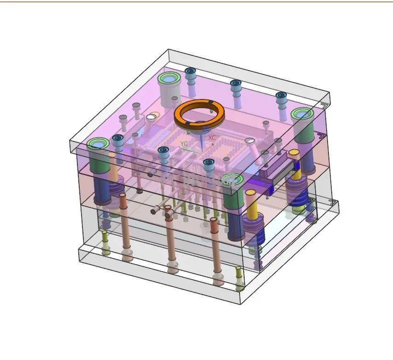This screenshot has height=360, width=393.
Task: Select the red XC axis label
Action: pos(212,138)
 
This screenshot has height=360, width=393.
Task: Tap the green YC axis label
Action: pos(184,144)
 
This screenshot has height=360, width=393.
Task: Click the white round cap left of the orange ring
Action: pos(151,117)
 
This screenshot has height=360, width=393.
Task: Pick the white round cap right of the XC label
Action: pos(249,141)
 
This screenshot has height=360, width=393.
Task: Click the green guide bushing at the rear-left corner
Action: pos(169,79)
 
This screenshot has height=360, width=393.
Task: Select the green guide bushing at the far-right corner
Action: pos(302,114)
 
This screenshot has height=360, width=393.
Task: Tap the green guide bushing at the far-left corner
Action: pos(98,144)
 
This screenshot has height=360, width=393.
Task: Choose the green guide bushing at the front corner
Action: pos(232,180)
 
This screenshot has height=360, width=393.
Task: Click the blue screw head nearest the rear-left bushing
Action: pos(190,71)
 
